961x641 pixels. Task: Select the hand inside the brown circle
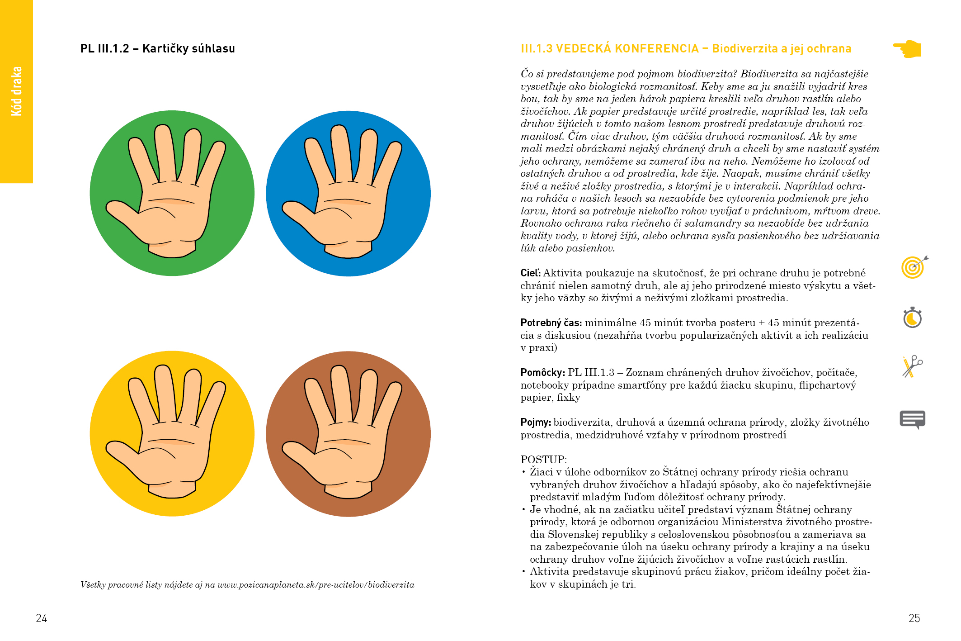pos(342,431)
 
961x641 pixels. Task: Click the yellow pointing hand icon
pos(907,48)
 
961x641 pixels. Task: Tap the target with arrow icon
pos(914,267)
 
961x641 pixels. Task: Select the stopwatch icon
pos(913,317)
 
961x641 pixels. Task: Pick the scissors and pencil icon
pos(913,366)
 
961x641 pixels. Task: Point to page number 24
pos(42,618)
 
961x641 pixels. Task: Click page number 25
pos(914,618)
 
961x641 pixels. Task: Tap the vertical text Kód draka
pos(17,91)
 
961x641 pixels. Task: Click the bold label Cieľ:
pos(531,273)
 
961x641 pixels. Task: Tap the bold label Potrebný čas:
pos(551,323)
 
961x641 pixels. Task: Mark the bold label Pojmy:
pos(536,423)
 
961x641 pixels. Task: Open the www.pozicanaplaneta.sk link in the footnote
pos(316,585)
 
